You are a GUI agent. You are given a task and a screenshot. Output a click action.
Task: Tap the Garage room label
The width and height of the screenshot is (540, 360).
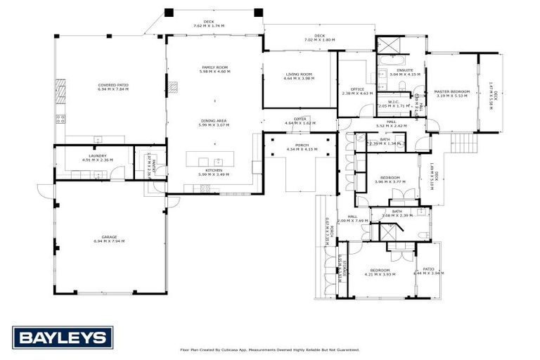(109, 239)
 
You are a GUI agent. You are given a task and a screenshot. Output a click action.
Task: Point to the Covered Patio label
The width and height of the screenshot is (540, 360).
(112, 87)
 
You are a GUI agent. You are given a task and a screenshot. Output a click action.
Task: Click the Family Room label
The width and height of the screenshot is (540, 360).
(214, 69)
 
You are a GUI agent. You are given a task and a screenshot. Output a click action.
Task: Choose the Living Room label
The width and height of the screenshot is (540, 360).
(299, 75)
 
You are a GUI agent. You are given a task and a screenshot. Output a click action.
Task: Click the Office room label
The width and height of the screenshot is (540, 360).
(356, 91)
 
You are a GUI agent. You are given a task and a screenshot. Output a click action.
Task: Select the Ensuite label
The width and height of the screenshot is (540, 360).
(404, 71)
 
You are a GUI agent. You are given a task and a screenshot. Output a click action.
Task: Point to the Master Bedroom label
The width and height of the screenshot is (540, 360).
(451, 93)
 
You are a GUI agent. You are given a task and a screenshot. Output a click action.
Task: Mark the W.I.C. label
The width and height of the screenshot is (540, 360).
(393, 103)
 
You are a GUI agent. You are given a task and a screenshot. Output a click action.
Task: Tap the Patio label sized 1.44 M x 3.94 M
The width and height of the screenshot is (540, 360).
(429, 271)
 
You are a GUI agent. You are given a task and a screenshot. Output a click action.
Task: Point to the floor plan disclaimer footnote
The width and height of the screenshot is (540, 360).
(270, 349)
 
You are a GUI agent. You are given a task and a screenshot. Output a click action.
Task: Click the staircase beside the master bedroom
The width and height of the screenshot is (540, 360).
(463, 145)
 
